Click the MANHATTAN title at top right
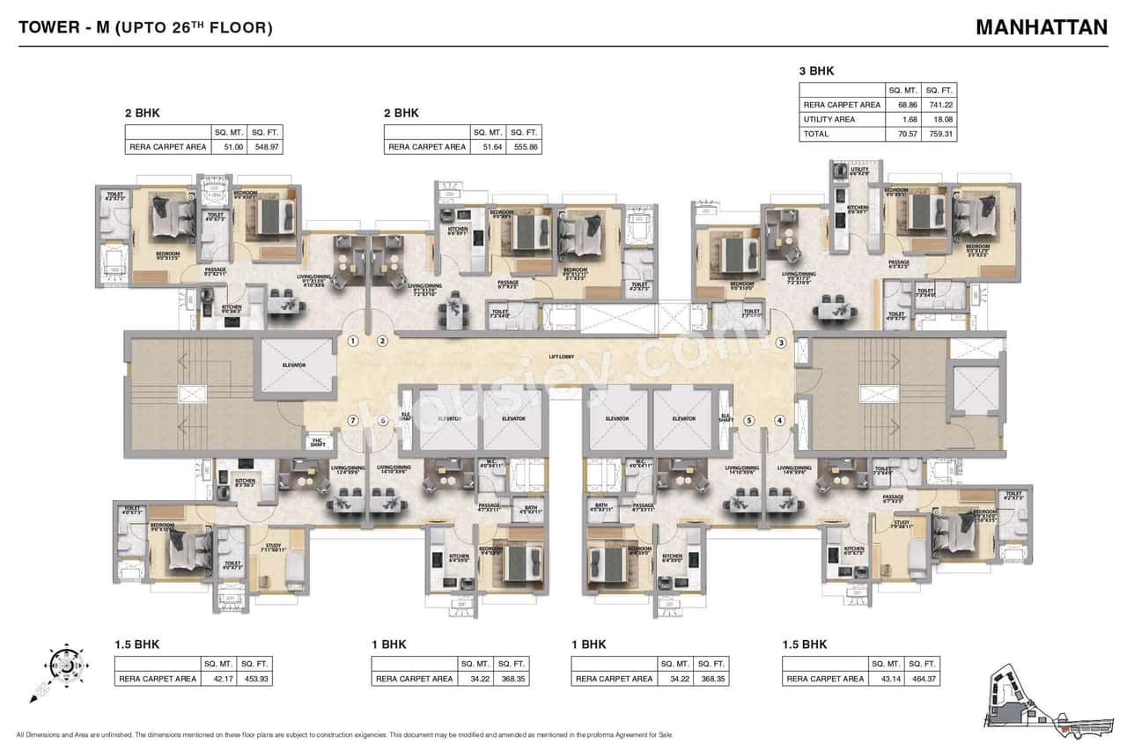tap(1041, 26)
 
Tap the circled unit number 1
tap(353, 342)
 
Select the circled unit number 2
tap(382, 342)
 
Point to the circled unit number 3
tap(780, 342)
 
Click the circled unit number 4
tap(779, 421)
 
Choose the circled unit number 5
tap(749, 421)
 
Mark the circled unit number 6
tap(382, 421)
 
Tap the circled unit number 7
tap(353, 421)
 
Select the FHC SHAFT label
tap(317, 443)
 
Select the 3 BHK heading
tap(816, 71)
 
